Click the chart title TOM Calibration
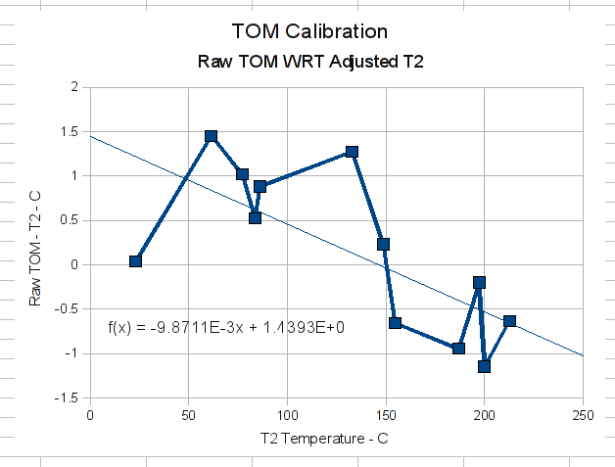click(x=309, y=31)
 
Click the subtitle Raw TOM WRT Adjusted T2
click(x=309, y=62)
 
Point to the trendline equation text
click(x=226, y=327)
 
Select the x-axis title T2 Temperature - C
click(x=324, y=438)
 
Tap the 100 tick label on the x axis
click(x=287, y=415)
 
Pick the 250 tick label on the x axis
click(x=583, y=415)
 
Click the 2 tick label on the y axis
click(x=73, y=87)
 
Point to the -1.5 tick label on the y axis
click(x=67, y=398)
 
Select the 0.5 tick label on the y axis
click(x=69, y=220)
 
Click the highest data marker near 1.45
click(x=211, y=136)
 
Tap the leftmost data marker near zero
click(x=135, y=260)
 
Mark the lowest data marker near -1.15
click(x=484, y=366)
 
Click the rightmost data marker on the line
click(x=509, y=321)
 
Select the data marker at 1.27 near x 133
click(x=352, y=152)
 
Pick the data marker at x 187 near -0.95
click(x=458, y=348)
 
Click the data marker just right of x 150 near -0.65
click(x=395, y=322)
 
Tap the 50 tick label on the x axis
click(x=188, y=415)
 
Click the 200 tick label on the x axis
click(x=484, y=415)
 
